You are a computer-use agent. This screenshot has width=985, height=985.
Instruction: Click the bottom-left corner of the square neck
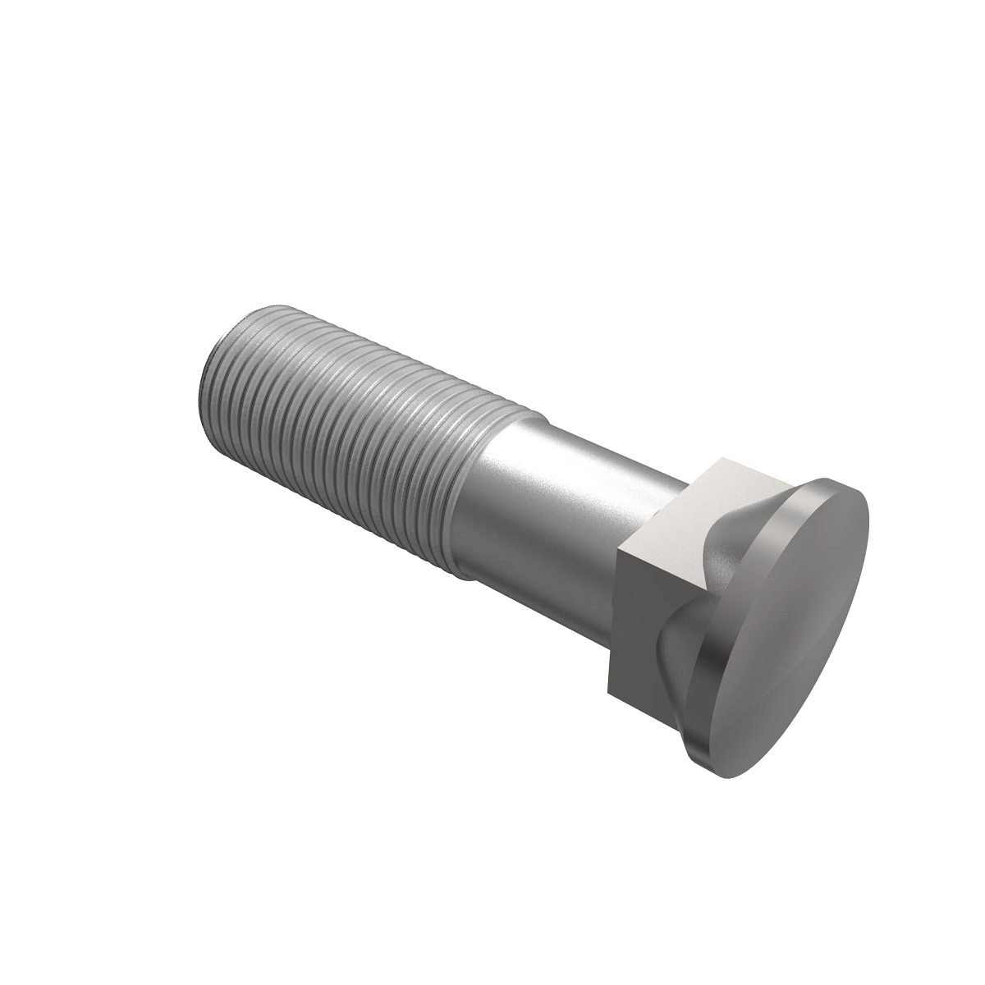click(608, 688)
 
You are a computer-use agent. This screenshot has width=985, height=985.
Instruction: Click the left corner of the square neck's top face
click(619, 547)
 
